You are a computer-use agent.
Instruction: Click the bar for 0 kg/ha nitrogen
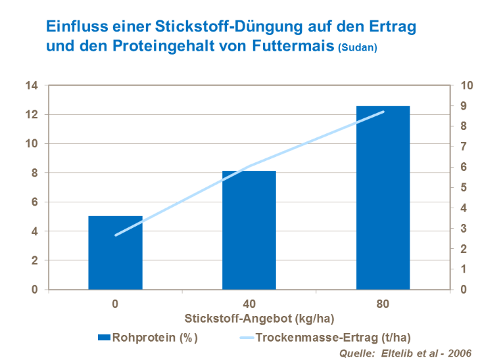coord(115,253)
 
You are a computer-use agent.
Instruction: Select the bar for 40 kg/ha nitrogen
coord(249,230)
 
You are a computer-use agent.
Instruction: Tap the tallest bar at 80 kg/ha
coord(383,197)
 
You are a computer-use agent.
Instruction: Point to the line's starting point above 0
coord(116,235)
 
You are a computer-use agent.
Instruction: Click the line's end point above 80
coord(383,112)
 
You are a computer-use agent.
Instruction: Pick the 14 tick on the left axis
coord(31,85)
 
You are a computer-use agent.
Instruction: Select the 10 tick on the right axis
coord(466,85)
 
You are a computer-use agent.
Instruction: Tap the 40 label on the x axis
coord(249,304)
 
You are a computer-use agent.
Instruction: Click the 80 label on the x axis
coord(383,304)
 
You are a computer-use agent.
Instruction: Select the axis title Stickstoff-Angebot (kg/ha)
coord(249,319)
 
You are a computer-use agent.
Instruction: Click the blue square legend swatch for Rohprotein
coord(103,338)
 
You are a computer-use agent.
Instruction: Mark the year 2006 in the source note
coord(458,353)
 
